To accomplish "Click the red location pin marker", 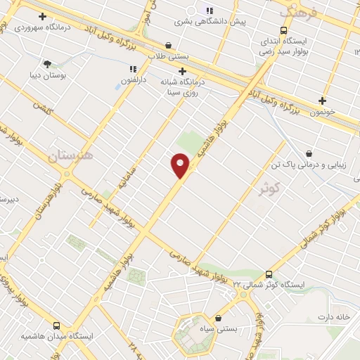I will [180, 165].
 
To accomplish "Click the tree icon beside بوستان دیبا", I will [47, 63].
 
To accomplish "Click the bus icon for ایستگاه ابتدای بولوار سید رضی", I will [283, 31].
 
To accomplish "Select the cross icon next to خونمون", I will [323, 101].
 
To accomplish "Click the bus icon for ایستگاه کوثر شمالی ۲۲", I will [269, 275].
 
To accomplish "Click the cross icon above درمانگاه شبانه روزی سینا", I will [183, 71].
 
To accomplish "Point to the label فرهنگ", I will [298, 12].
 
